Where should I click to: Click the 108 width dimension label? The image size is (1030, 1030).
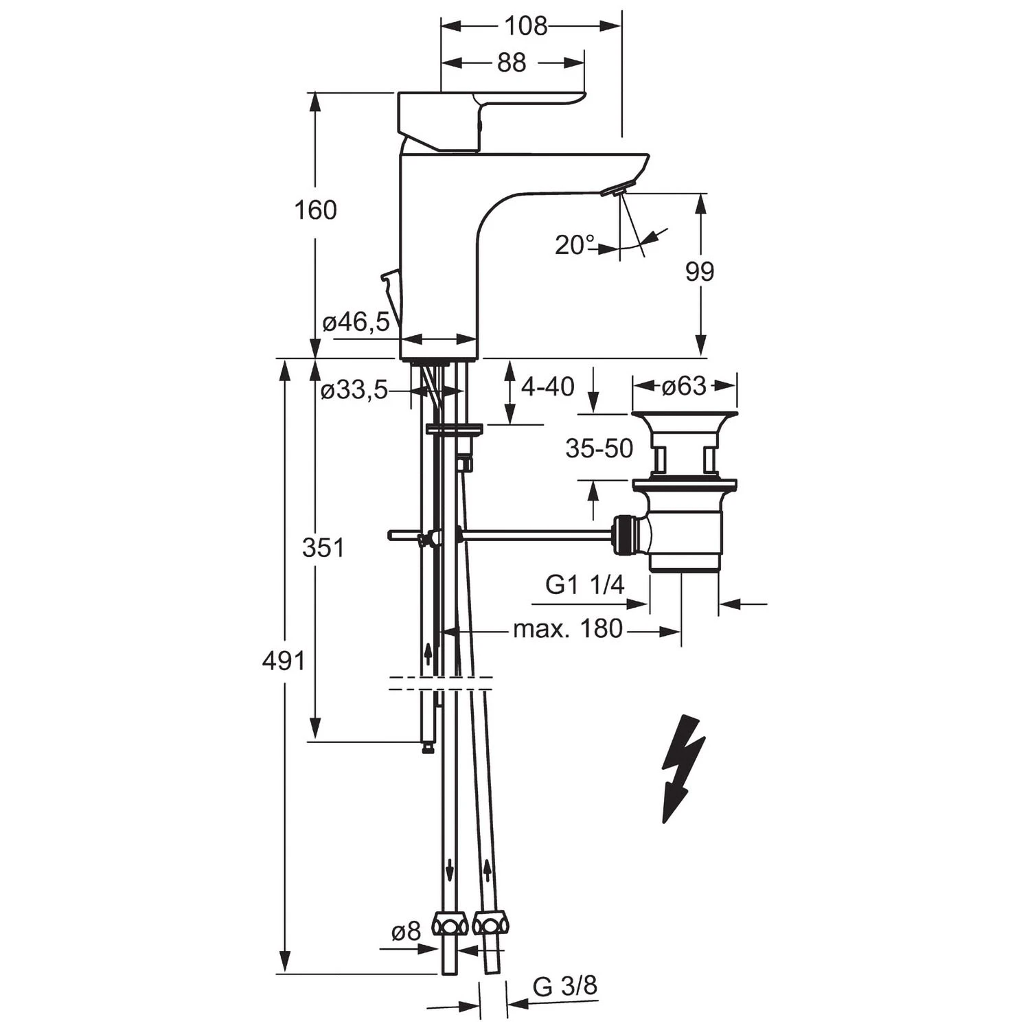coord(526,26)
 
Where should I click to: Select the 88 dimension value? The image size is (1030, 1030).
coord(511,62)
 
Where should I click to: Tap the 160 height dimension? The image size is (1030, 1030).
coord(316,209)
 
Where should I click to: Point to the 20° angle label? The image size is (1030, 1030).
coord(575,244)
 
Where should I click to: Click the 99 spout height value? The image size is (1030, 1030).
coord(700,272)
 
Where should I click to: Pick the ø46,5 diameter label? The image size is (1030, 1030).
coord(356,321)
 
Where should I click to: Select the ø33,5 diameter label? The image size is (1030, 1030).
coord(354,391)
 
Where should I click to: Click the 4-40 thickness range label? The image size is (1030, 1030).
coord(547,387)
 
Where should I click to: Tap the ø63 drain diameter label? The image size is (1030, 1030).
coord(684,386)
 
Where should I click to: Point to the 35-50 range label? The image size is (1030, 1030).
coord(599,448)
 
